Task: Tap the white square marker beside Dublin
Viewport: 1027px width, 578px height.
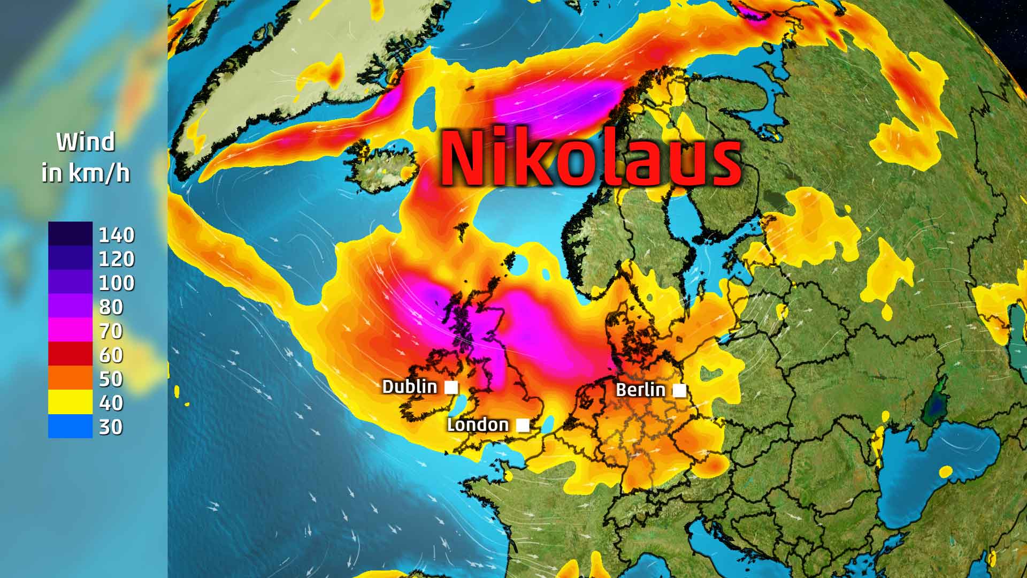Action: pos(451,387)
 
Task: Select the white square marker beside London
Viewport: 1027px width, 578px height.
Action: pos(523,425)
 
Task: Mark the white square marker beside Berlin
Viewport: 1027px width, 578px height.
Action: pos(679,391)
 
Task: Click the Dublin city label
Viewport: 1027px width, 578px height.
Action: pos(410,386)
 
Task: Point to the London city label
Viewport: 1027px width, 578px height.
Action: pos(478,425)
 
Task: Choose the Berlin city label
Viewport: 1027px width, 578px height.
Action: pos(640,390)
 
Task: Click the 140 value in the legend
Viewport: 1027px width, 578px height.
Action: pos(117,235)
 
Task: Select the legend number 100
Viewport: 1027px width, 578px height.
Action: pos(117,283)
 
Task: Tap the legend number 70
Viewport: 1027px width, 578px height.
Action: pos(111,331)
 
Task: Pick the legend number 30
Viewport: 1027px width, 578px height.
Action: pos(111,427)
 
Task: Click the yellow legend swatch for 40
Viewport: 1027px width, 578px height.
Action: pos(70,402)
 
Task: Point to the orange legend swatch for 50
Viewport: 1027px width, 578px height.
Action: pos(70,378)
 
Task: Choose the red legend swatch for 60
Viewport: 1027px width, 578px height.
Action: pos(70,354)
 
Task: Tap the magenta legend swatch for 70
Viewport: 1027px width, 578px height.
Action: pos(70,330)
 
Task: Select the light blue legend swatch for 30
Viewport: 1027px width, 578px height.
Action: pos(70,427)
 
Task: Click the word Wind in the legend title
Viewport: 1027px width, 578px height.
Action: pos(86,142)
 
